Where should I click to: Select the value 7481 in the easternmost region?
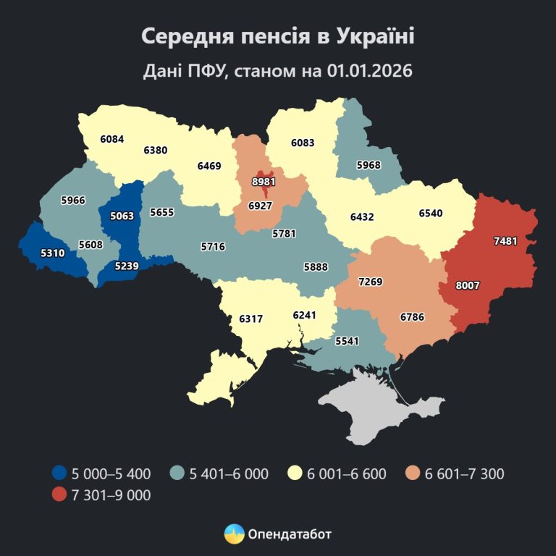[505, 240]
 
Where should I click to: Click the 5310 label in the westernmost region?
[33, 254]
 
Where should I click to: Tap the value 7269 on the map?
[371, 281]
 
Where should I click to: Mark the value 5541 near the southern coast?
[347, 339]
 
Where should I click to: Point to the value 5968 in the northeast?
[368, 165]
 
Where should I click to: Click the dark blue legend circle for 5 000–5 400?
[60, 474]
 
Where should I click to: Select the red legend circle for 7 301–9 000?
[60, 496]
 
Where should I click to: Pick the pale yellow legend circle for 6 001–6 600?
[295, 474]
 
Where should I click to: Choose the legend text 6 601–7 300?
[465, 474]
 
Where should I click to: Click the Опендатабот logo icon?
[234, 534]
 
